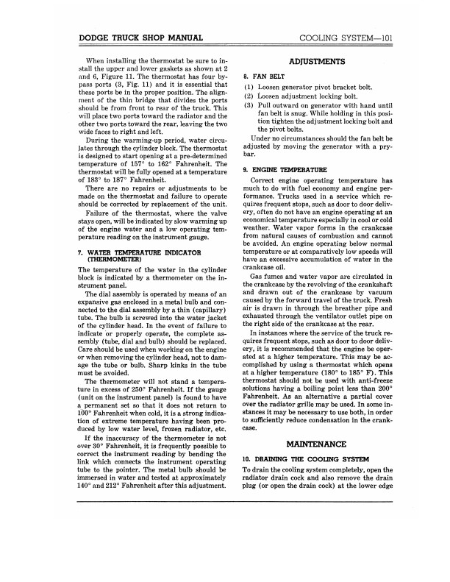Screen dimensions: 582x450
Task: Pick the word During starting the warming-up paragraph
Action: coord(103,140)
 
